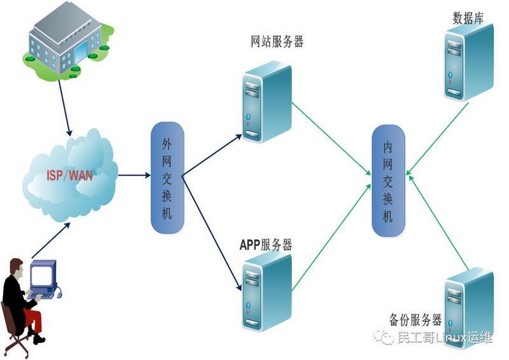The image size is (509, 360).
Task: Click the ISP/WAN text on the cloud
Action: click(69, 176)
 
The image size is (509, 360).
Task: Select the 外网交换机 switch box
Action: click(167, 177)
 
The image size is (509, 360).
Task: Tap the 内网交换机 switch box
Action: click(388, 181)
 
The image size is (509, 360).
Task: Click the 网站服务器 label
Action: click(277, 41)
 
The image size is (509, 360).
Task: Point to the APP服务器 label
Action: click(266, 244)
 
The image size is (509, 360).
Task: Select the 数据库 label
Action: click(468, 18)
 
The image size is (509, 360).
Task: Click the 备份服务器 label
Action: click(415, 320)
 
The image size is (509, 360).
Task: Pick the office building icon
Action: click(68, 40)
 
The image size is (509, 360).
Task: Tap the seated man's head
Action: click(17, 267)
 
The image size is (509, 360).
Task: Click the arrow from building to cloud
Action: click(64, 108)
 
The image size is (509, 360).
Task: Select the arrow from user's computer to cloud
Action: click(51, 240)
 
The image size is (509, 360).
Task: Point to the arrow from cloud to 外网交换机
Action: click(134, 176)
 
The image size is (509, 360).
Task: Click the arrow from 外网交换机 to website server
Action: click(213, 155)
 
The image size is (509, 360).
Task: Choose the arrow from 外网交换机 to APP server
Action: click(212, 233)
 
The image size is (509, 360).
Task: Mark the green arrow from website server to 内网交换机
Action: click(331, 139)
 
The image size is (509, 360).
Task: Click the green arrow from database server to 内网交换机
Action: click(438, 139)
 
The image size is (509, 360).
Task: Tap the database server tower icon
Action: click(469, 62)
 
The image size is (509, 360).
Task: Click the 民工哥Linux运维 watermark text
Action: click(445, 338)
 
